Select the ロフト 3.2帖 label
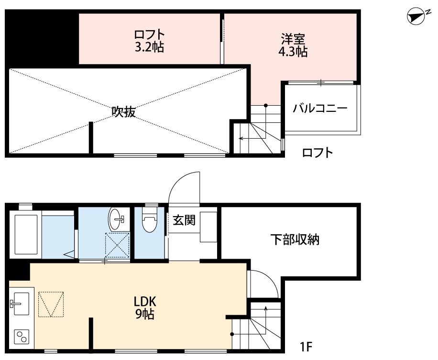point(149,41)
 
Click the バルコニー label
point(320,108)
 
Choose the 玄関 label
point(184,220)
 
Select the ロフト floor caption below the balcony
point(317,153)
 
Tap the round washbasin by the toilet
point(116,219)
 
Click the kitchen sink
point(20,303)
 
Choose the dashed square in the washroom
point(118,245)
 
